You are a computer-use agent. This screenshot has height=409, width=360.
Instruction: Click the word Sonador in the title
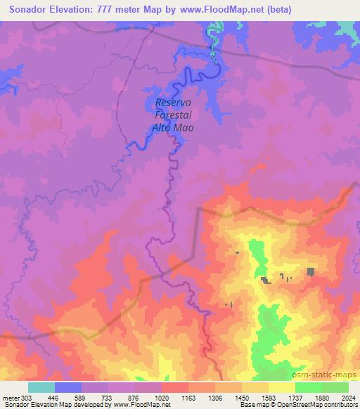(x=32, y=9)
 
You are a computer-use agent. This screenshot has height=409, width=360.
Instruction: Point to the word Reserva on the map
(x=172, y=103)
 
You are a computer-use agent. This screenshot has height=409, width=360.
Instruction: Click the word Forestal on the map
(x=173, y=116)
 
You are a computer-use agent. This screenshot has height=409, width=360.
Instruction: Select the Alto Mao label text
(x=172, y=128)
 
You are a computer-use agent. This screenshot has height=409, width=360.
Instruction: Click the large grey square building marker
(x=311, y=271)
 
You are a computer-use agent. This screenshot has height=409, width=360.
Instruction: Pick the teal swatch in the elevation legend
(x=41, y=387)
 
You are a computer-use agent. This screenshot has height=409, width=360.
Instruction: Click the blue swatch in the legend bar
(x=68, y=387)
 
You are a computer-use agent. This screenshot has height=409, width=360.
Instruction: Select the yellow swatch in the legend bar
(x=282, y=387)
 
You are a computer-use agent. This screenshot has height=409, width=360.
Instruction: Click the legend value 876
(x=136, y=397)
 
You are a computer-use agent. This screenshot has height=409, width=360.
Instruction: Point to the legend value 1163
(x=188, y=397)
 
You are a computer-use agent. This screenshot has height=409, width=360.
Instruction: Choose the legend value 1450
(x=243, y=397)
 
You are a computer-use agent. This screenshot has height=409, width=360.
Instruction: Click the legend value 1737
(x=296, y=397)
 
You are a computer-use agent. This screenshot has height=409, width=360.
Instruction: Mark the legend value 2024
(x=349, y=397)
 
